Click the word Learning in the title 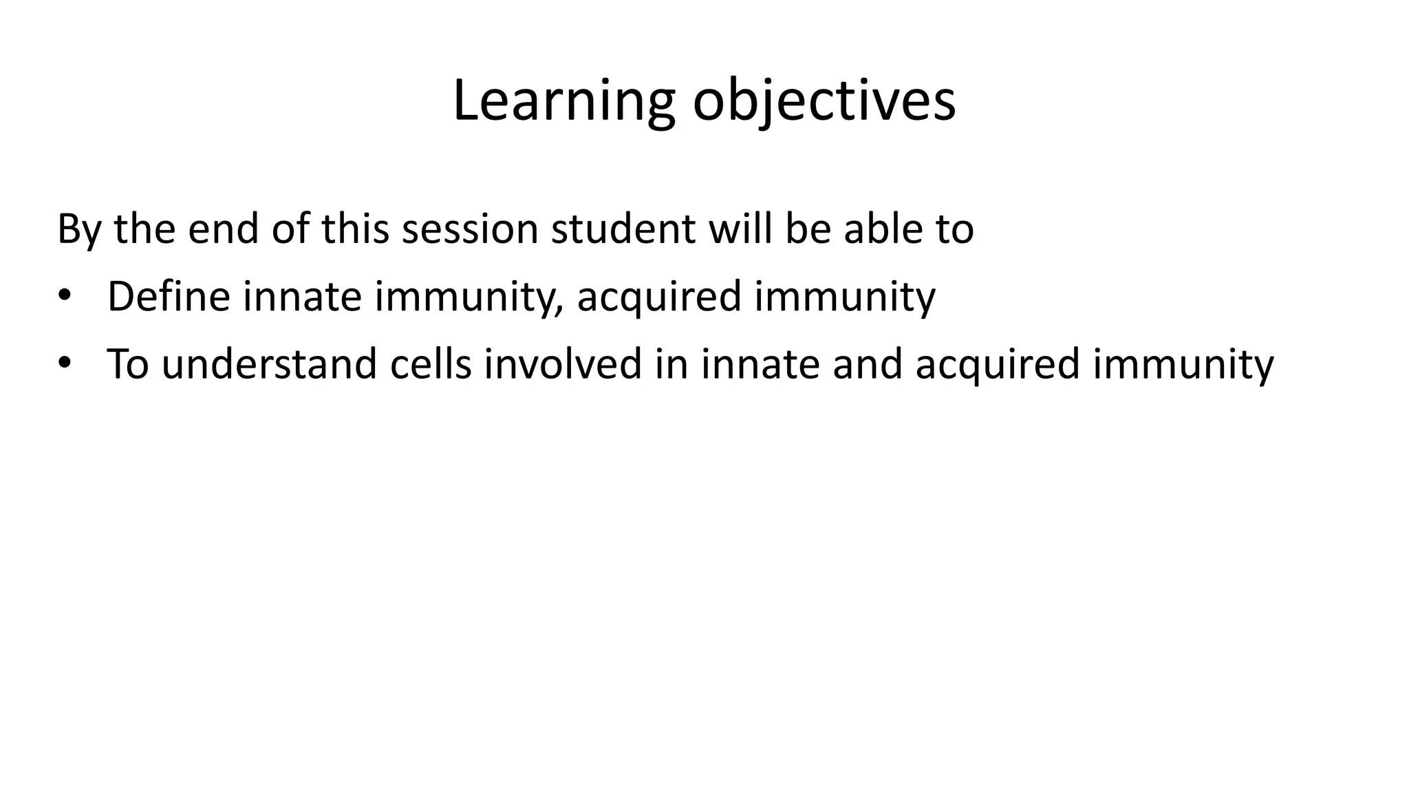click(x=564, y=102)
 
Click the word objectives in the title click(x=824, y=102)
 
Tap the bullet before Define click(x=64, y=295)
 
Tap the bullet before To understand click(x=64, y=362)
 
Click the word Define click(x=169, y=297)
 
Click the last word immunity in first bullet click(x=845, y=298)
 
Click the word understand click(x=269, y=364)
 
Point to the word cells click(x=431, y=364)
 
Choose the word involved click(x=563, y=364)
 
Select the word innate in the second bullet click(x=760, y=364)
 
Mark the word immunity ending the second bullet click(x=1183, y=366)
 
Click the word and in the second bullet click(x=867, y=364)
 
